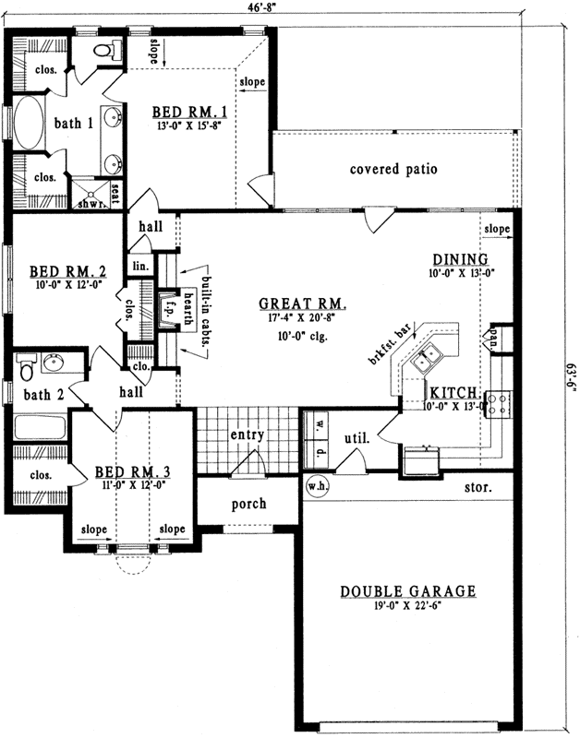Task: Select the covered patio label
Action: (x=393, y=170)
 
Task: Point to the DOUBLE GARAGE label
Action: (x=407, y=591)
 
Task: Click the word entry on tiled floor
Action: (x=248, y=434)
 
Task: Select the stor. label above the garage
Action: (x=477, y=485)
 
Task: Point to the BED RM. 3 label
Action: (x=132, y=471)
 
